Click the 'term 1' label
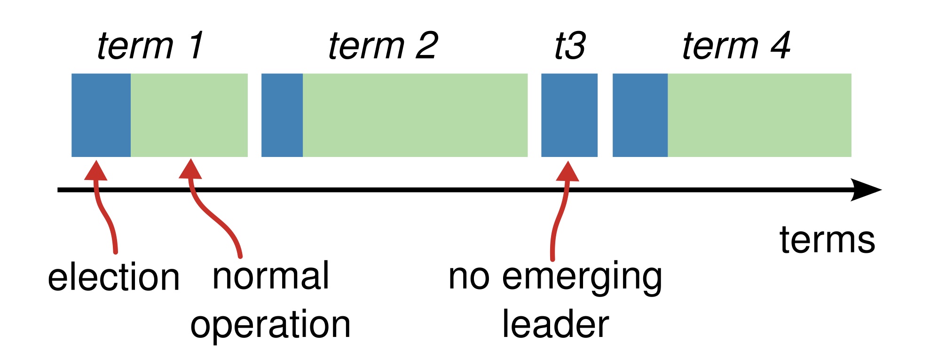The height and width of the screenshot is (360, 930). pyautogui.click(x=150, y=46)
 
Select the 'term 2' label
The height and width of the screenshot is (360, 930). pyautogui.click(x=383, y=46)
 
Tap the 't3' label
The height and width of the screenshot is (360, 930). pyautogui.click(x=570, y=46)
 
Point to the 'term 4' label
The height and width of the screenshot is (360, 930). pyautogui.click(x=736, y=46)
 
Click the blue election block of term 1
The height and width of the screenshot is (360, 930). pyautogui.click(x=101, y=115)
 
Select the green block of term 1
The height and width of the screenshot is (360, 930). pyautogui.click(x=189, y=115)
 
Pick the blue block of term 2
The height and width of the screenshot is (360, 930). pyautogui.click(x=282, y=115)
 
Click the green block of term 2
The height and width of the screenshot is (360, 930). pyautogui.click(x=415, y=115)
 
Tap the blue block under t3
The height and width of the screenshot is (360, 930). pyautogui.click(x=569, y=115)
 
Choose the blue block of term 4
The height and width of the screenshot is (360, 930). pyautogui.click(x=640, y=115)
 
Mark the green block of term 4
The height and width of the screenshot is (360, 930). pyautogui.click(x=759, y=115)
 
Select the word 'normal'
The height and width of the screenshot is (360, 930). pyautogui.click(x=271, y=276)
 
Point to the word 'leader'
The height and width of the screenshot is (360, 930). pyautogui.click(x=555, y=324)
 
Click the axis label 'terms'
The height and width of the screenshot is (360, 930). pyautogui.click(x=827, y=240)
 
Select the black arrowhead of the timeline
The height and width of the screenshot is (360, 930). pyautogui.click(x=866, y=190)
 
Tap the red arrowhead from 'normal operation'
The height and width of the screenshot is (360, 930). pyautogui.click(x=190, y=170)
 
